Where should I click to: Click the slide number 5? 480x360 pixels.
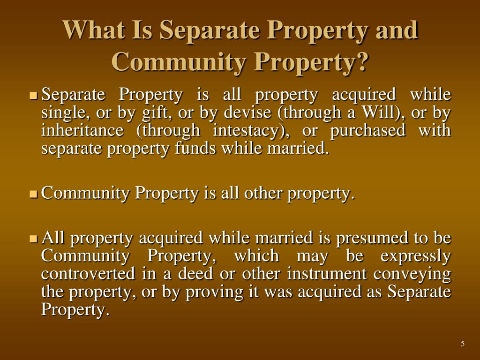click(x=463, y=344)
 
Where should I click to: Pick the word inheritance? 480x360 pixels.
click(x=82, y=131)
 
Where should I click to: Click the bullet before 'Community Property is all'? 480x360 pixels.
click(x=34, y=193)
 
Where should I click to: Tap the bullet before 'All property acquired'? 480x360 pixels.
click(x=34, y=239)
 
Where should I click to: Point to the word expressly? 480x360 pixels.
click(x=415, y=256)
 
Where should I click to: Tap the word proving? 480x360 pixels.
click(x=212, y=292)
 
